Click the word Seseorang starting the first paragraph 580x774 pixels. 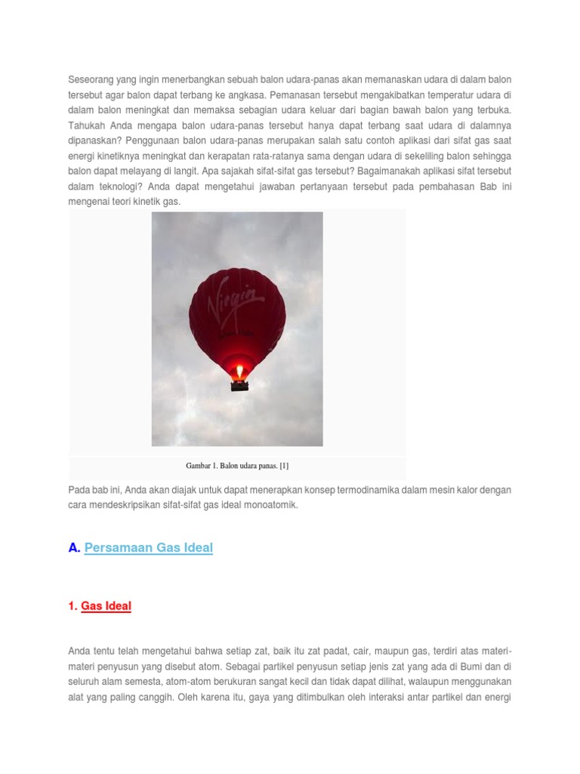click(91, 79)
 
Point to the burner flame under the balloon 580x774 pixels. click(239, 371)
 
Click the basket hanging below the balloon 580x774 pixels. click(239, 385)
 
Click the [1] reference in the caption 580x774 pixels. click(283, 466)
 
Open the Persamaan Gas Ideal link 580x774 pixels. click(149, 548)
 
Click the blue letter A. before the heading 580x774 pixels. click(74, 548)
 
